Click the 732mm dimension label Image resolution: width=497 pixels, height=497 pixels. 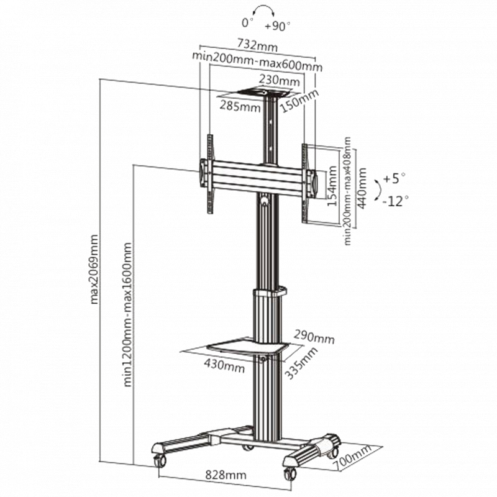257,45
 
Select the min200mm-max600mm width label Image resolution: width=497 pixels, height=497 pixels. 257,62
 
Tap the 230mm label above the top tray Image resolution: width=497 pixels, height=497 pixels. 279,80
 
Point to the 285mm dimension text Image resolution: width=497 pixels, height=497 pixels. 240,106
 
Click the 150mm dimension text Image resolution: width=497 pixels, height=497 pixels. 299,101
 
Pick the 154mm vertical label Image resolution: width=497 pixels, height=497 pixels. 332,186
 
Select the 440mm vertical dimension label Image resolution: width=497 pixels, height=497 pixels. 362,188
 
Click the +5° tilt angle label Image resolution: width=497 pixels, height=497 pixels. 394,178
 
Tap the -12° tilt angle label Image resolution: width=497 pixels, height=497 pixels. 395,201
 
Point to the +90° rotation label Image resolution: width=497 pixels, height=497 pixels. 277,26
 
